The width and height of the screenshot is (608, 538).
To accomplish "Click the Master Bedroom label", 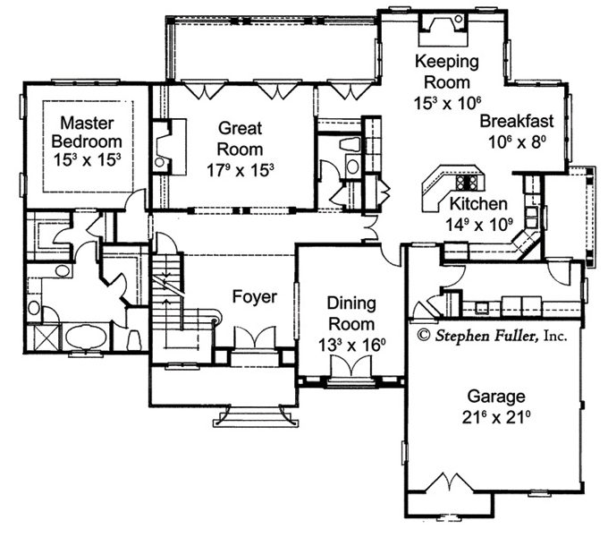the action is pos(87,132).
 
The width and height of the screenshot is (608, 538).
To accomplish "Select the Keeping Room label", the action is pos(447,72).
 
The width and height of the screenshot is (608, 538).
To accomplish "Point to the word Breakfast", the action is pos(517,121).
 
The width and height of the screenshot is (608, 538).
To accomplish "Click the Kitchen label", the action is pos(477,204).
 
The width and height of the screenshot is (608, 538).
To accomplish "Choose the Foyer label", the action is pos(254,296).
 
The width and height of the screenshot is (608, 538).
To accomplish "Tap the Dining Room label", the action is pos(351,313).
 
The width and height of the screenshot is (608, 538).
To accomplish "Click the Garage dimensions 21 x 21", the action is pos(496,417).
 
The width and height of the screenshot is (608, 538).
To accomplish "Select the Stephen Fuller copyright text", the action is pos(493,335).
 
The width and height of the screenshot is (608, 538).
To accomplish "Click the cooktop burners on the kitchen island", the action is pos(469,182).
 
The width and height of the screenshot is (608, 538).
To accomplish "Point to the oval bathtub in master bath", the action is pos(85,337).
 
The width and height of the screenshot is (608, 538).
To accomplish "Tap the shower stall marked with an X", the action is pos(45,337).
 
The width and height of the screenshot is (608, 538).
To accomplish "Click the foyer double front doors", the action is pos(254,337).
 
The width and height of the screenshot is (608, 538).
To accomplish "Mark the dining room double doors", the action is pos(351,366).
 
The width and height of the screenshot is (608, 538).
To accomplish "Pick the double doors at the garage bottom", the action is pos(450,482).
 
